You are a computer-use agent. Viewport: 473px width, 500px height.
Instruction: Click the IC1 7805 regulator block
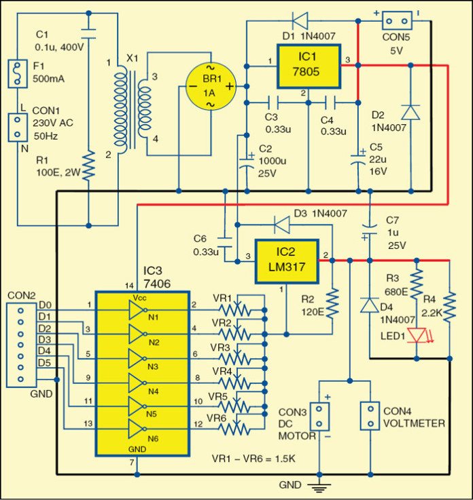308,66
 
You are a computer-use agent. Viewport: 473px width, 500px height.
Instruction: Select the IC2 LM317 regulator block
285,262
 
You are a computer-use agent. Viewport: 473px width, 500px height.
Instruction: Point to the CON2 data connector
20,344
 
